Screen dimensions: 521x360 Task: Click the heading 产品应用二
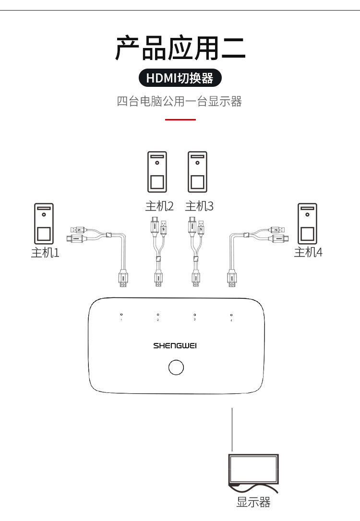click(180, 48)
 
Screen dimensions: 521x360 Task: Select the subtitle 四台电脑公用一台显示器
click(180, 101)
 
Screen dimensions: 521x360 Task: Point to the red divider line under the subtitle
click(180, 119)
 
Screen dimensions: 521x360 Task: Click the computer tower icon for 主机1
click(44, 224)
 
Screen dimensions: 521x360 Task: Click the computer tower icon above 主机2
click(157, 172)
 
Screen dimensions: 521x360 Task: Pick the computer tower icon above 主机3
click(197, 172)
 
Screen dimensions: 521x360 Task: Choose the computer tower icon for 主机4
click(307, 224)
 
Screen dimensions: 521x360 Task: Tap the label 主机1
click(45, 252)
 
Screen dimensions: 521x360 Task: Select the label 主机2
click(159, 206)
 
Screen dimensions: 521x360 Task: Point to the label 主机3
click(199, 206)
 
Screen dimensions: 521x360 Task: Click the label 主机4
click(308, 252)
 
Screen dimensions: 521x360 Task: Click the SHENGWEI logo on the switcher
click(175, 345)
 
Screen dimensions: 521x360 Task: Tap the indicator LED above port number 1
click(121, 315)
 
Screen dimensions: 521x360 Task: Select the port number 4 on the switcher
click(231, 320)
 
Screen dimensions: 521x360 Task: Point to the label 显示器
click(253, 502)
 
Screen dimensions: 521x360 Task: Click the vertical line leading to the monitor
click(232, 429)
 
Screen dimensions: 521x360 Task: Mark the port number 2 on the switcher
click(158, 320)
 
